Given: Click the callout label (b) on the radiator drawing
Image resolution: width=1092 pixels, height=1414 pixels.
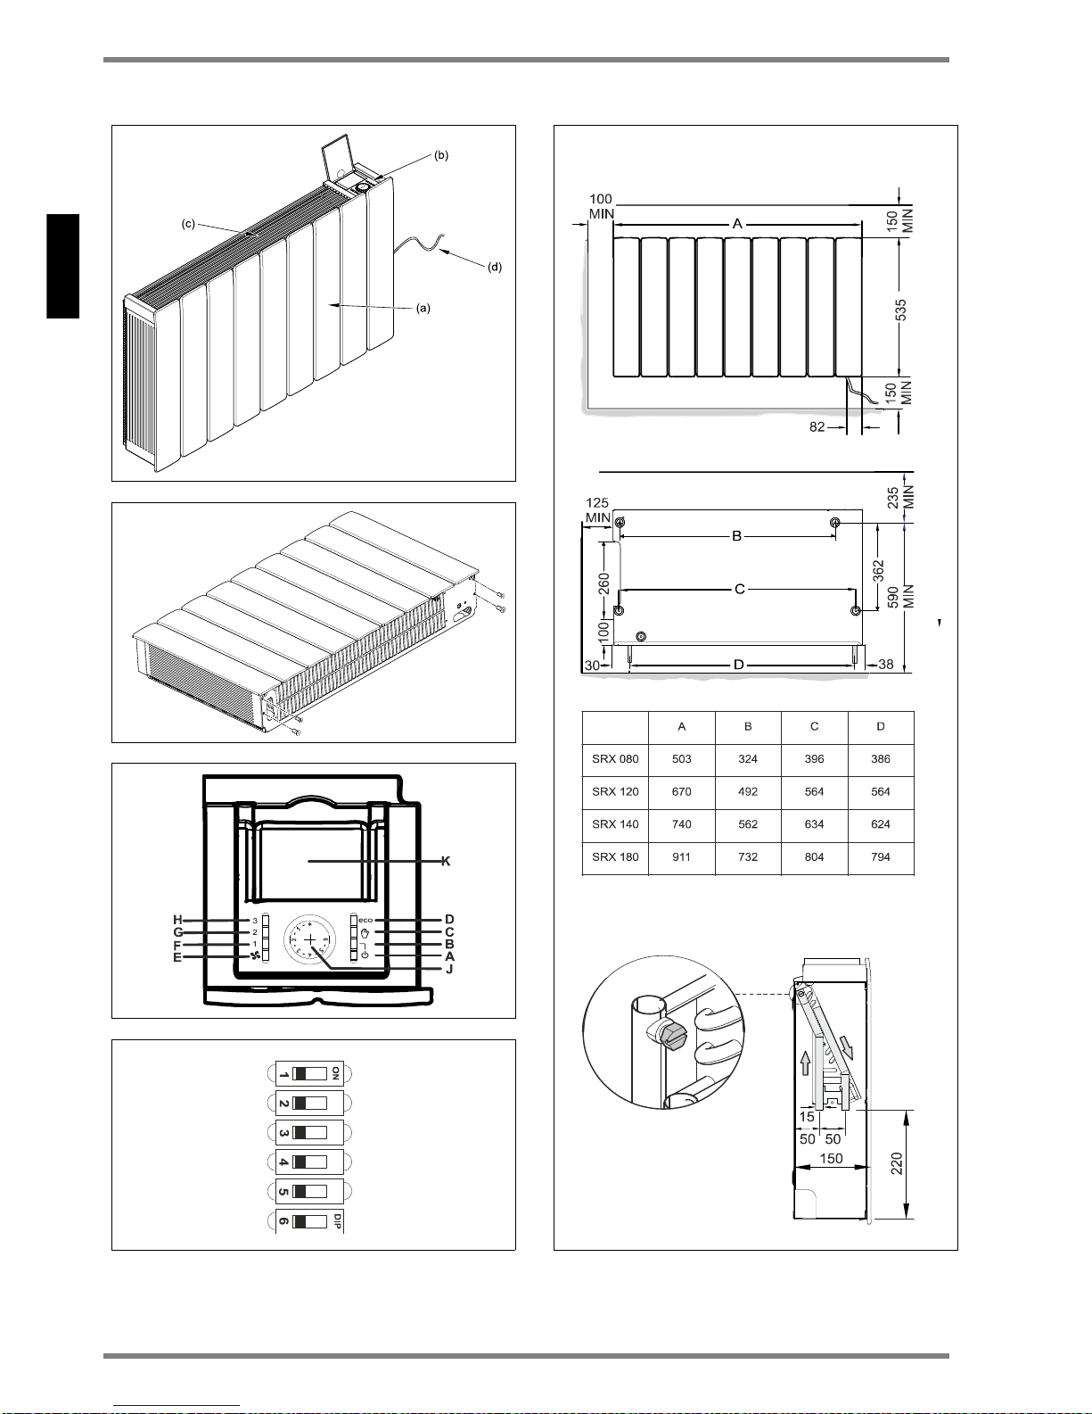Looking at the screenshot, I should pos(441,155).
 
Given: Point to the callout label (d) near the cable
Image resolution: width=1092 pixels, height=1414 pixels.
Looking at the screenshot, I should pos(495,267).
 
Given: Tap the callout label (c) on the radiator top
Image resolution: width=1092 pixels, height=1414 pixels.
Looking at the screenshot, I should pos(188,224).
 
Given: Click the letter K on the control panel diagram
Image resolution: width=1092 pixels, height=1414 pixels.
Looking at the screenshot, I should pos(446,861).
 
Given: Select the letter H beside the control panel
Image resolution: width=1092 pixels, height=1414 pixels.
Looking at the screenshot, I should pos(177,920).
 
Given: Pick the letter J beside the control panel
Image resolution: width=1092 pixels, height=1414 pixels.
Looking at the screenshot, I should pos(449,969).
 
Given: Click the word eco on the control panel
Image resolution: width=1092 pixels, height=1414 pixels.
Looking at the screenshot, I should pos(365,920).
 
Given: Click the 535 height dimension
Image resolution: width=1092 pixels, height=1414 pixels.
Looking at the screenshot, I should pos(901,310).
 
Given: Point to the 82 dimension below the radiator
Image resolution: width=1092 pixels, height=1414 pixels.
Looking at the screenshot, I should pos(817,427).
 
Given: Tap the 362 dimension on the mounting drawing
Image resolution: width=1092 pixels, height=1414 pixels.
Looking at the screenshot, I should pos(879,567).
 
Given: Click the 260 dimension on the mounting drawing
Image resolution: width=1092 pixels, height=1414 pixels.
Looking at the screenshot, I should pos(604,583).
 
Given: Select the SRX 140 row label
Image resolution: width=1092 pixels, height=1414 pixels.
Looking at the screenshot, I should pos(615,824).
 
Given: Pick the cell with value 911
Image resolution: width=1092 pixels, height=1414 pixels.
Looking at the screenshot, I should pos(682,857).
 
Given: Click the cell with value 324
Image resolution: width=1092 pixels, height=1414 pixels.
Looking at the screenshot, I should pos(748,759).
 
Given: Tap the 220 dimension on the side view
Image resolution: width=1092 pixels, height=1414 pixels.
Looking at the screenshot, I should pos(898,1164).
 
